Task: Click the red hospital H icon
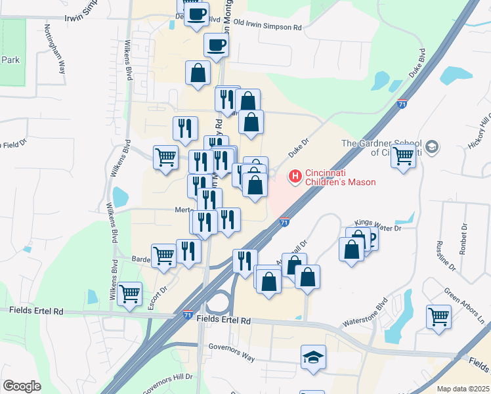(295, 177)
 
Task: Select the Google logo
(22, 386)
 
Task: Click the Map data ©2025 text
(462, 389)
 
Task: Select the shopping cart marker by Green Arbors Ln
(438, 317)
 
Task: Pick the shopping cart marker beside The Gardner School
(403, 156)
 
